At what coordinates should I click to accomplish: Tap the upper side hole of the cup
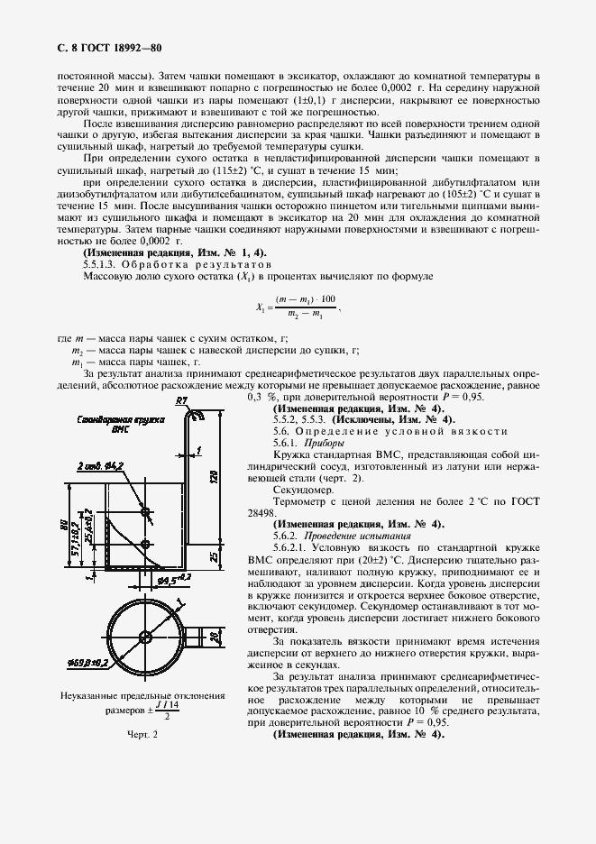pyautogui.click(x=145, y=511)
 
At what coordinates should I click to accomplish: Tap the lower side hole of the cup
pyautogui.click(x=145, y=544)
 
